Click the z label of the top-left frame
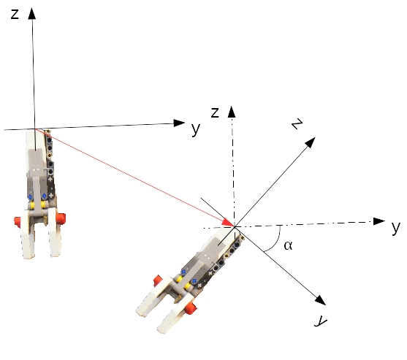tap(15, 15)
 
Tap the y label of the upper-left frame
tap(196, 129)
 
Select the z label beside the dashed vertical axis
tap(215, 112)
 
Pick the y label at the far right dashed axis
tap(396, 227)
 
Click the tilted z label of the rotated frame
tap(297, 123)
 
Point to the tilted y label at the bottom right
tap(321, 321)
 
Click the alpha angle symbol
tap(288, 245)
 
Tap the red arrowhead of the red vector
tap(228, 222)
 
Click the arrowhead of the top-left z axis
tap(32, 13)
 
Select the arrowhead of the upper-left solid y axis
tap(179, 123)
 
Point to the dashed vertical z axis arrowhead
tap(232, 112)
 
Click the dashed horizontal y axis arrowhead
tap(379, 221)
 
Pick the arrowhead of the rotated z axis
tap(310, 142)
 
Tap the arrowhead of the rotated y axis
tap(320, 300)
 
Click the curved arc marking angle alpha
tap(275, 242)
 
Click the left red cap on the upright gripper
tap(17, 222)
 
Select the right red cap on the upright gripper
tap(61, 218)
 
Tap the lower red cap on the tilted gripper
tap(191, 308)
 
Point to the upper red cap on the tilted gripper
tap(157, 280)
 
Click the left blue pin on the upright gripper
tap(31, 197)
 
